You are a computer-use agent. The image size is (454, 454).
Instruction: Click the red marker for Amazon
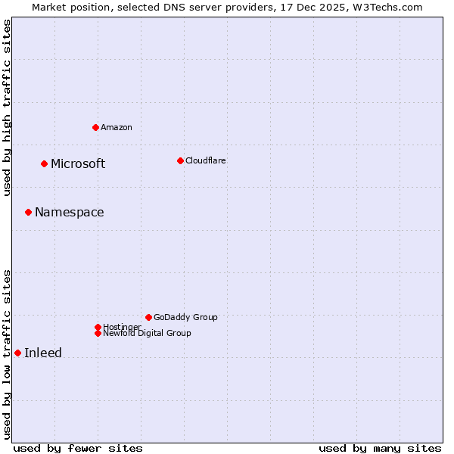pyautogui.click(x=95, y=127)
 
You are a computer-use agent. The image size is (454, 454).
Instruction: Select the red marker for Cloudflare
pyautogui.click(x=180, y=160)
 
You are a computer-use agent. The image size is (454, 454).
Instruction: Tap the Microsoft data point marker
pyautogui.click(x=44, y=163)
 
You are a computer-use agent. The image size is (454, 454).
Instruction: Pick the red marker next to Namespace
pyautogui.click(x=28, y=212)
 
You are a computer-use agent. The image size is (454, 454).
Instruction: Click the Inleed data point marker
pyautogui.click(x=17, y=353)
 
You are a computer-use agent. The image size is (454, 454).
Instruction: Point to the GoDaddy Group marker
pyautogui.click(x=148, y=317)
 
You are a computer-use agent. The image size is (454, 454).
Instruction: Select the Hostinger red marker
pyautogui.click(x=98, y=327)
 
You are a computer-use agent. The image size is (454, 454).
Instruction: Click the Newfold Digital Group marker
pyautogui.click(x=98, y=333)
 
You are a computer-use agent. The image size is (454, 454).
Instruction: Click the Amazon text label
pyautogui.click(x=117, y=127)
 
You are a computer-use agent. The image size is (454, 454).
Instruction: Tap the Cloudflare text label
pyautogui.click(x=206, y=160)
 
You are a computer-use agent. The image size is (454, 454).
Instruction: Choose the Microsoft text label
pyautogui.click(x=78, y=164)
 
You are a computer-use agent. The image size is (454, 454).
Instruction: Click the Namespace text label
pyautogui.click(x=70, y=213)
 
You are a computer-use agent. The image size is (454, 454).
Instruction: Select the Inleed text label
pyautogui.click(x=43, y=353)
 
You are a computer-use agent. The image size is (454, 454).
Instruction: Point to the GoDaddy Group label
pyautogui.click(x=185, y=317)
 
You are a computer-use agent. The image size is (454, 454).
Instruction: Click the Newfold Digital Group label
pyautogui.click(x=148, y=334)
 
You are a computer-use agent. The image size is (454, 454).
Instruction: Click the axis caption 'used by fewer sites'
pyautogui.click(x=78, y=448)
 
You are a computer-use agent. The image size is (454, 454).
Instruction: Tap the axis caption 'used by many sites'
pyautogui.click(x=380, y=448)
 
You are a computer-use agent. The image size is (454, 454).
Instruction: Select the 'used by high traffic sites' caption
pyautogui.click(x=8, y=107)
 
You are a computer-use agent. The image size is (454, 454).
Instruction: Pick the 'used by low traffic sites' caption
pyautogui.click(x=8, y=353)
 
